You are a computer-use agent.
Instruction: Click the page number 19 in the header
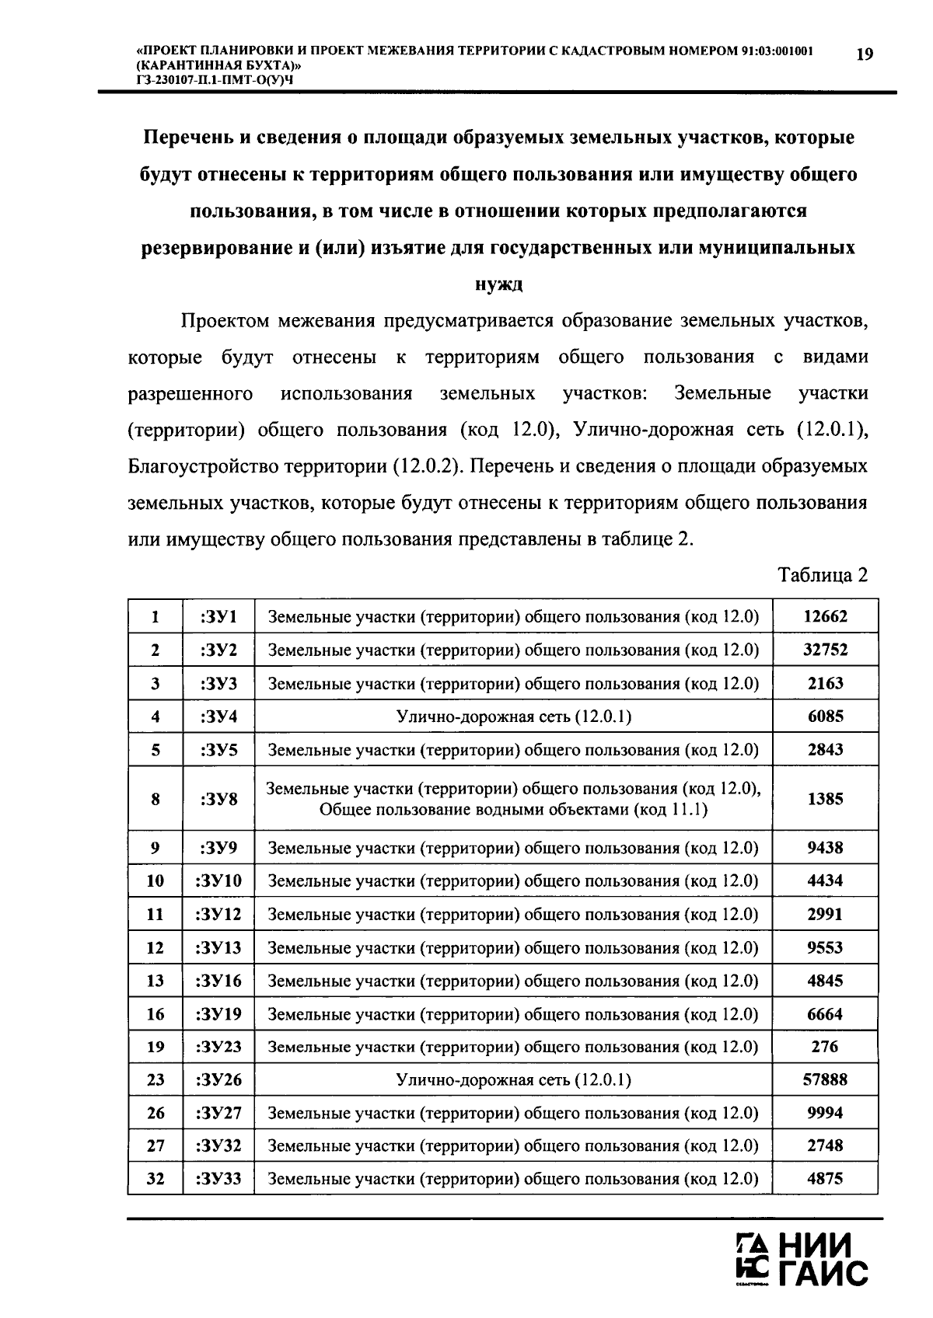pyautogui.click(x=864, y=54)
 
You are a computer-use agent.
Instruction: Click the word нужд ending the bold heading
pyautogui.click(x=498, y=284)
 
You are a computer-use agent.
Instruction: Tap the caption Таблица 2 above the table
pyautogui.click(x=823, y=575)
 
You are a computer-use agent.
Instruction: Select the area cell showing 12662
pyautogui.click(x=825, y=617)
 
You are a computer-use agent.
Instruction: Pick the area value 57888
pyautogui.click(x=825, y=1079)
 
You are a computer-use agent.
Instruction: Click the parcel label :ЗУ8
pyautogui.click(x=218, y=799)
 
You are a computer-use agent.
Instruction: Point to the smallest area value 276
pyautogui.click(x=825, y=1046)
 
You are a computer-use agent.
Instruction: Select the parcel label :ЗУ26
pyautogui.click(x=218, y=1079)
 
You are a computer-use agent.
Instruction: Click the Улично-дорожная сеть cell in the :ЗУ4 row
pyautogui.click(x=513, y=717)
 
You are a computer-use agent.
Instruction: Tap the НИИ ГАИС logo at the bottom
pyautogui.click(x=801, y=1259)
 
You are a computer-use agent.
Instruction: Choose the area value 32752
pyautogui.click(x=825, y=650)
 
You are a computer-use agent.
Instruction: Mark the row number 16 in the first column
pyautogui.click(x=155, y=1013)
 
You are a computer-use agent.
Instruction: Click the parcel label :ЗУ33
pyautogui.click(x=218, y=1179)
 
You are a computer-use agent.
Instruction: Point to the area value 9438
pyautogui.click(x=825, y=848)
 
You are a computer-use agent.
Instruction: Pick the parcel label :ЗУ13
pyautogui.click(x=218, y=947)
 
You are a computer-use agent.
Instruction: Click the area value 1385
pyautogui.click(x=825, y=799)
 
